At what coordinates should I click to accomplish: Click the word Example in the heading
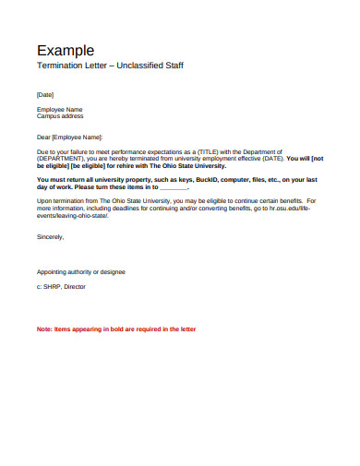click(65, 50)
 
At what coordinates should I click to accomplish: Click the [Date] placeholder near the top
click(45, 94)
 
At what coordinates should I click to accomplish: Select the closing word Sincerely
click(51, 236)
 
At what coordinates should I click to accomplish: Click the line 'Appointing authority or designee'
click(81, 272)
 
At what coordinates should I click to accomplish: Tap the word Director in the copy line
click(83, 286)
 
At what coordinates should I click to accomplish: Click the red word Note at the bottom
click(44, 329)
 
